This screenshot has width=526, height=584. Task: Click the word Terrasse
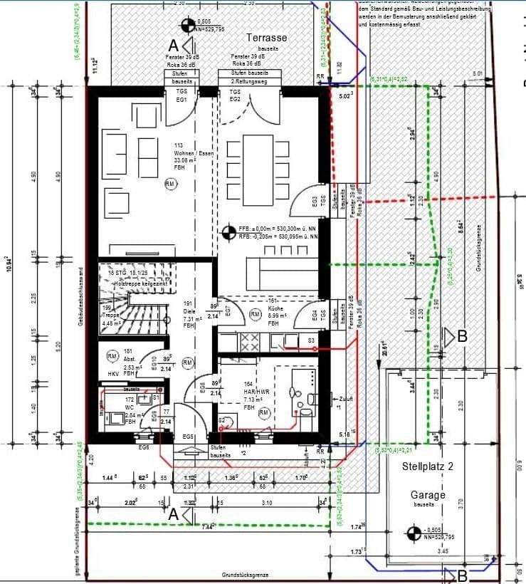coord(267,37)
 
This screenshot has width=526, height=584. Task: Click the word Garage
coord(428,494)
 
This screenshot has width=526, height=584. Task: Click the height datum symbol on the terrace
coord(188,26)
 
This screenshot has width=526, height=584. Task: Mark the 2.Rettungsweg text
coord(250,82)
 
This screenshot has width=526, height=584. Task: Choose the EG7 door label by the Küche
coord(228,311)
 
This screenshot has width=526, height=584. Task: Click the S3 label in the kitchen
coord(312,342)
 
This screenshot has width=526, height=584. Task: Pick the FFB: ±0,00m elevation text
coord(278,228)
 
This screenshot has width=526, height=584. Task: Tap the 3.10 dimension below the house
coord(267,504)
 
